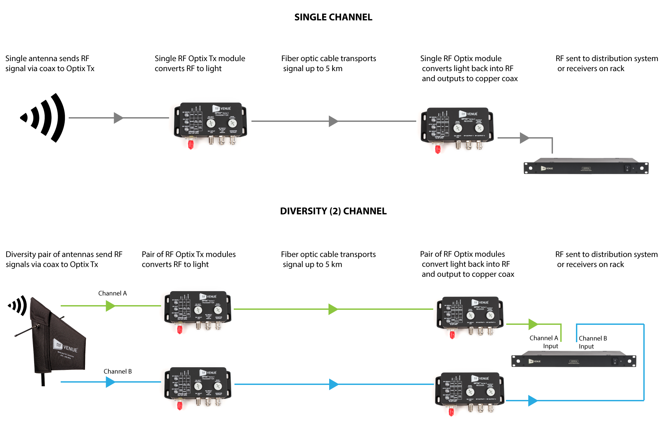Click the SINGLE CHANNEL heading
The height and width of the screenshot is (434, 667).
[333, 17]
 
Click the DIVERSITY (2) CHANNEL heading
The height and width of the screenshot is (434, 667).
[333, 211]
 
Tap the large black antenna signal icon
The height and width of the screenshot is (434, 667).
[44, 118]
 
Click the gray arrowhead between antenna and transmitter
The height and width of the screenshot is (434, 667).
[118, 118]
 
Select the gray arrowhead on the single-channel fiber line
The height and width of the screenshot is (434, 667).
[333, 121]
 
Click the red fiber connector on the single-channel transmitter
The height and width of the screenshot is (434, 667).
[191, 145]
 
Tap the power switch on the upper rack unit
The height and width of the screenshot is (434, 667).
[627, 169]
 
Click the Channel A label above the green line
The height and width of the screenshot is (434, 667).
[112, 293]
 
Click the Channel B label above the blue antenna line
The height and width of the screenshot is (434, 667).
[117, 372]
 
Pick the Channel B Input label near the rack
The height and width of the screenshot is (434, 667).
[593, 342]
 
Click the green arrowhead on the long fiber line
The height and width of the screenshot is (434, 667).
[333, 309]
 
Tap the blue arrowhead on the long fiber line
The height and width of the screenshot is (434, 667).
[333, 384]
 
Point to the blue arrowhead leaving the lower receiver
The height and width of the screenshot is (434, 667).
[533, 401]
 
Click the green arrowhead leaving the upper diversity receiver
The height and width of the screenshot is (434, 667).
[533, 324]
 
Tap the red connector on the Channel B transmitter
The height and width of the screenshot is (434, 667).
[180, 406]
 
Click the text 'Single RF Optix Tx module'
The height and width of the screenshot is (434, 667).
[200, 59]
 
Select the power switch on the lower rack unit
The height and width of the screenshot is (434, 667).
[615, 361]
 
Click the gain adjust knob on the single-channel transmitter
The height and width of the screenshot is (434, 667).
[232, 123]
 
